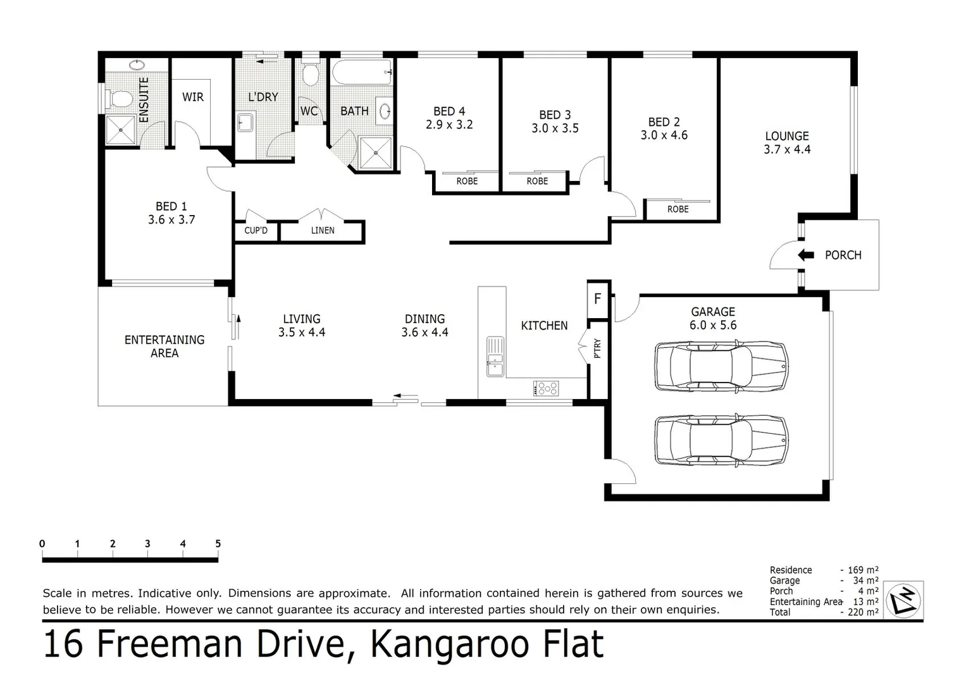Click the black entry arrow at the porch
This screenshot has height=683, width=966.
click(806, 255)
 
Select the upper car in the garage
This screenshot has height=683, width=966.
click(721, 367)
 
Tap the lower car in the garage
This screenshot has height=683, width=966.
click(721, 441)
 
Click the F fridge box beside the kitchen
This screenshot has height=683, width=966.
click(597, 298)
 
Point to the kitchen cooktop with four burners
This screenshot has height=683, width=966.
click(546, 388)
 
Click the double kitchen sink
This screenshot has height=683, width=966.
click(495, 357)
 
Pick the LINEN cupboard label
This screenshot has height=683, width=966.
click(323, 231)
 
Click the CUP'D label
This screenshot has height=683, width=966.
click(256, 231)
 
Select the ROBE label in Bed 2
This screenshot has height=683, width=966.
click(678, 209)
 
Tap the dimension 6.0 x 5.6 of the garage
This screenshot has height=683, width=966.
click(713, 326)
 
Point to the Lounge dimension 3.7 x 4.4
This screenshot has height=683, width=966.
click(787, 150)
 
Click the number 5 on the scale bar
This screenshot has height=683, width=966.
click(218, 544)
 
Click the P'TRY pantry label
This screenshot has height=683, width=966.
click(598, 349)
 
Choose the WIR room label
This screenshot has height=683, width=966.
click(193, 97)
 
